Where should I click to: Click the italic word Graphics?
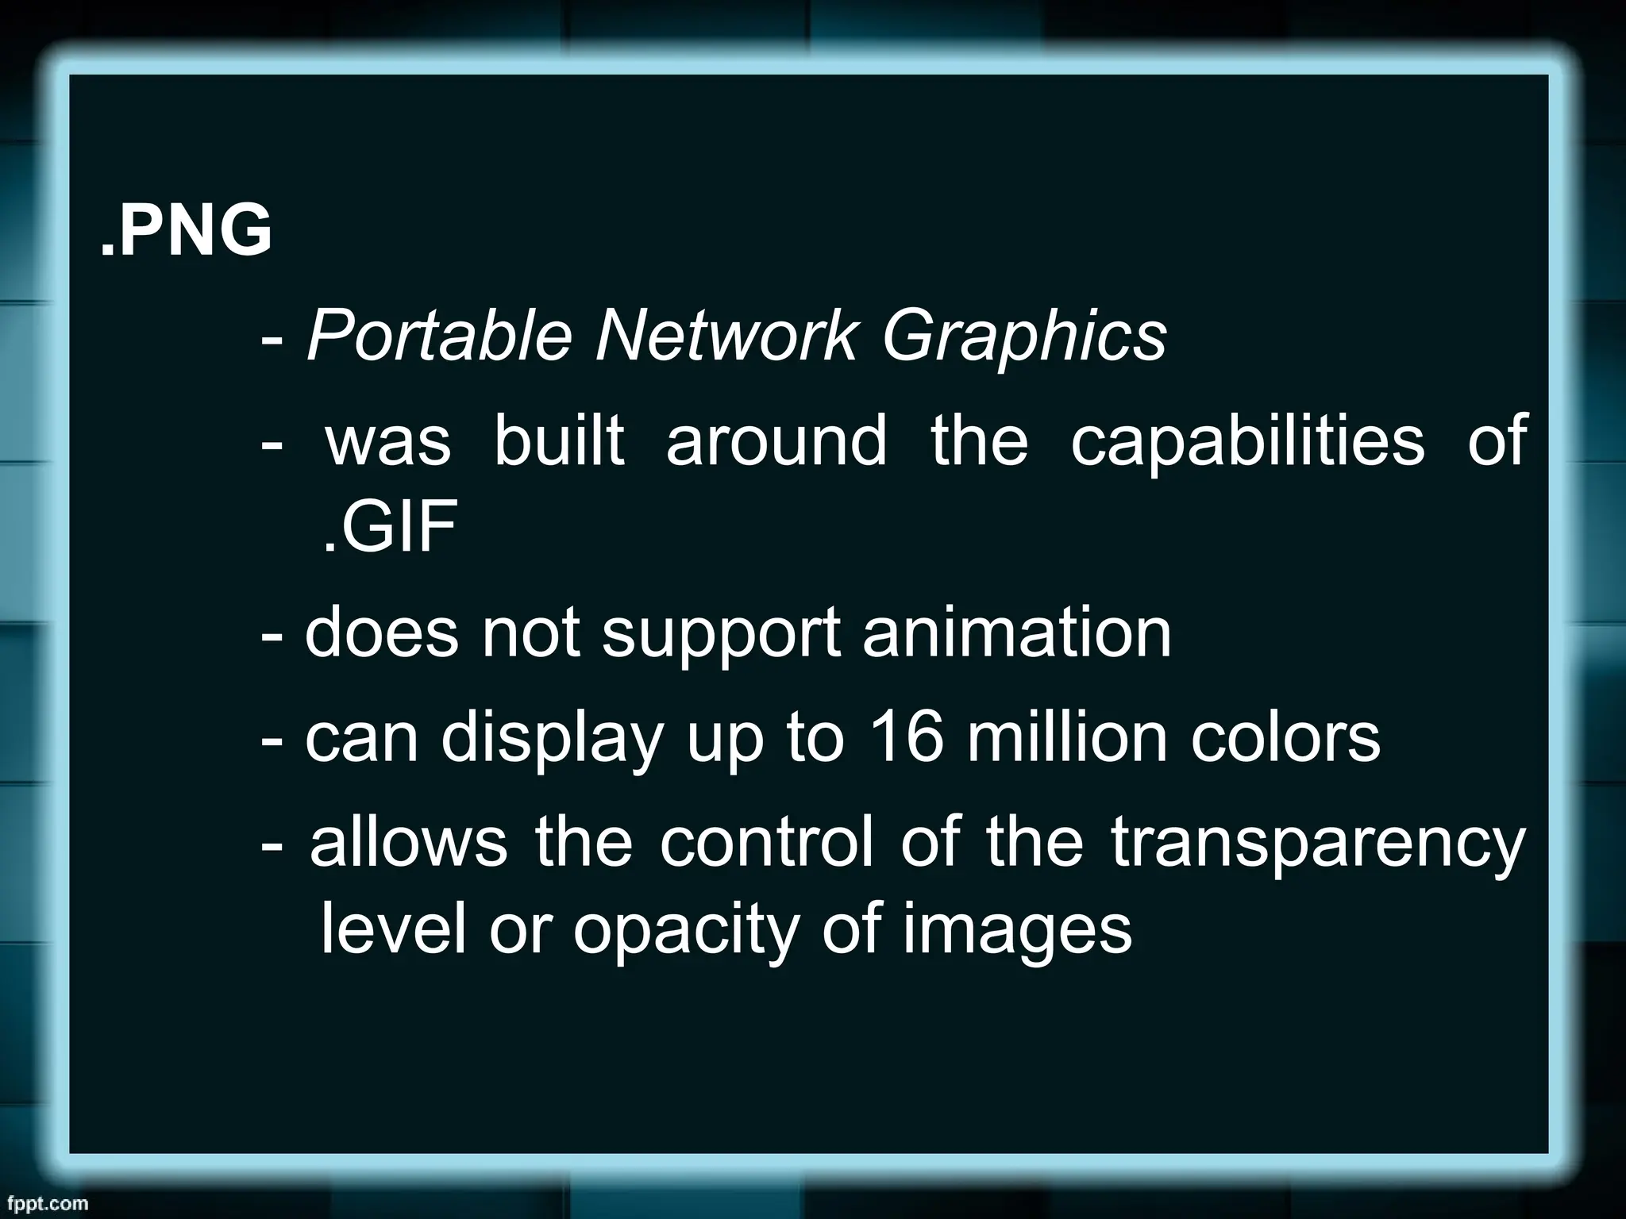1024,337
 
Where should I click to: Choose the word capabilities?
1247,441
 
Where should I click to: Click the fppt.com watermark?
44,1202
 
